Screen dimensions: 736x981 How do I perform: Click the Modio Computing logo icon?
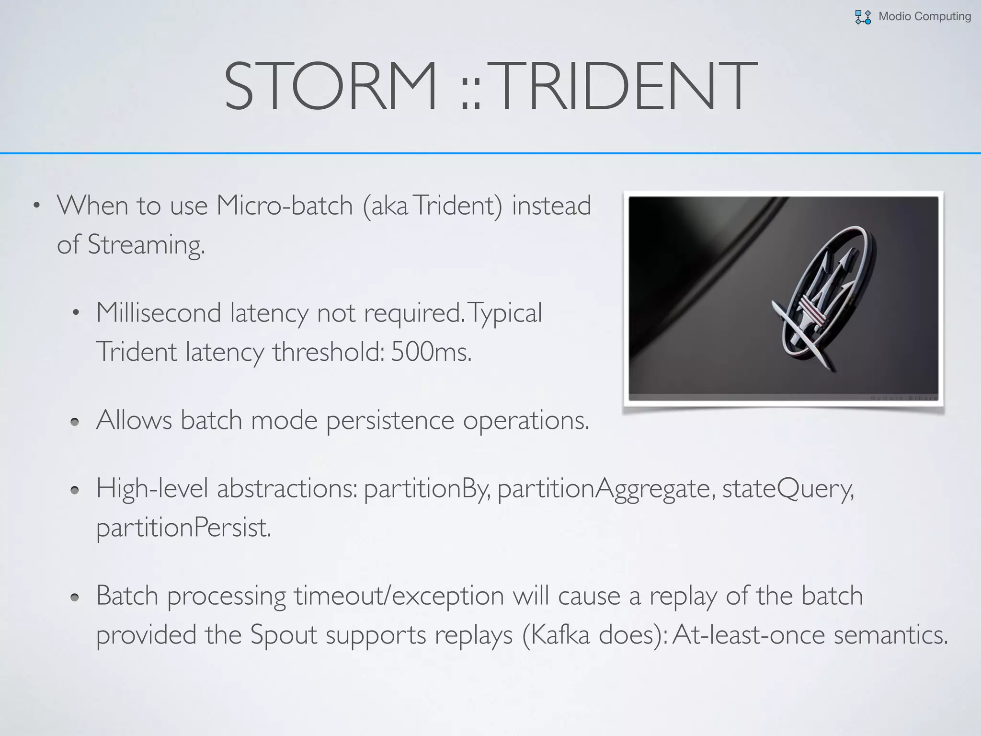[863, 17]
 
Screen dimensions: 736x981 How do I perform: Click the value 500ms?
[431, 352]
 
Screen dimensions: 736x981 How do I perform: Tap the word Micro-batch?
[285, 206]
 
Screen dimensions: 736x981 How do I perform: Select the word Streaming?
[146, 244]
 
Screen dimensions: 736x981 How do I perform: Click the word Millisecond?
[159, 313]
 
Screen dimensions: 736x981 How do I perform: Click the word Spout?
[284, 635]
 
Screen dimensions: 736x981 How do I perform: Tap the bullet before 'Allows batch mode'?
[74, 422]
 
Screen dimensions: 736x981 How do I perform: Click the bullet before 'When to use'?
[36, 206]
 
